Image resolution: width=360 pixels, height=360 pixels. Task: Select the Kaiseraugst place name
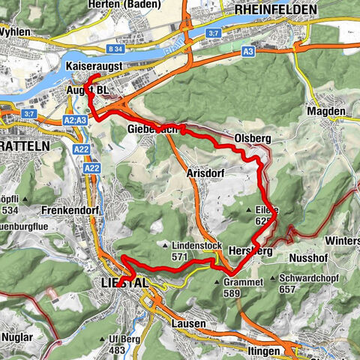click(97, 67)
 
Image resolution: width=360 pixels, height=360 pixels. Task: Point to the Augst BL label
click(88, 90)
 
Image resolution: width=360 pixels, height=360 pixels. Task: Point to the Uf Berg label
click(116, 340)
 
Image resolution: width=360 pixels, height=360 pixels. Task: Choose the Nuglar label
click(17, 337)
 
